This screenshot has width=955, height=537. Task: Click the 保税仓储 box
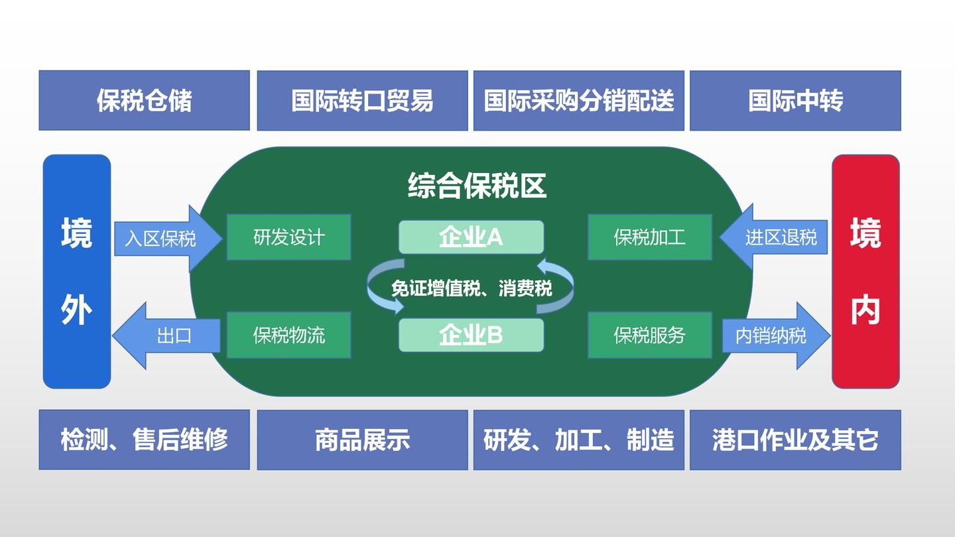click(x=144, y=101)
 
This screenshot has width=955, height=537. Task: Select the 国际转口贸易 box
click(x=362, y=101)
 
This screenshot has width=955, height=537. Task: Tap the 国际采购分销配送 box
click(x=579, y=101)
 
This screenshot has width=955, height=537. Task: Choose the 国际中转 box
click(x=796, y=101)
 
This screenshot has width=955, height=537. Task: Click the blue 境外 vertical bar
click(x=77, y=272)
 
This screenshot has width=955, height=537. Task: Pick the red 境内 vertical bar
click(x=866, y=272)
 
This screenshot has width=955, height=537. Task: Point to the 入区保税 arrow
click(x=168, y=238)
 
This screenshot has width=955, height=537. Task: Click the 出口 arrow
click(x=166, y=336)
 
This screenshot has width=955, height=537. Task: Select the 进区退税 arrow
click(x=774, y=237)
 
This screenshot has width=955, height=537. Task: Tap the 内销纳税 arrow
click(x=777, y=336)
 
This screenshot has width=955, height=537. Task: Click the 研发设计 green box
click(x=288, y=237)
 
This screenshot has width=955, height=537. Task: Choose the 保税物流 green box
click(x=288, y=335)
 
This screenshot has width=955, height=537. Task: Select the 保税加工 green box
click(x=650, y=237)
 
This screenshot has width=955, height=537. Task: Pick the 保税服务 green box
click(x=650, y=335)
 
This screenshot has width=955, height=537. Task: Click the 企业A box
click(x=471, y=237)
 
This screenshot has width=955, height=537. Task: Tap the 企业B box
click(x=471, y=335)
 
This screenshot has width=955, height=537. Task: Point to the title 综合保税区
click(x=477, y=186)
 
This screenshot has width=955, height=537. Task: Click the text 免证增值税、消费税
click(x=472, y=288)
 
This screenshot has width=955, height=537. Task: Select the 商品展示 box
click(x=362, y=440)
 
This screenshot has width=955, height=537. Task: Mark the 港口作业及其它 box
click(x=796, y=440)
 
